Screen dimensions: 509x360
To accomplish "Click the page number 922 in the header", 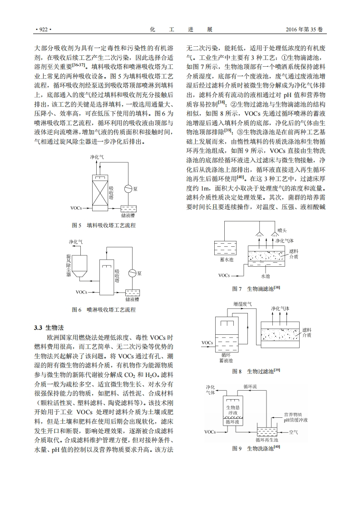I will [x=43, y=30].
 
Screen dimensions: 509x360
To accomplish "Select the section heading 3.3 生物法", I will [x=50, y=328].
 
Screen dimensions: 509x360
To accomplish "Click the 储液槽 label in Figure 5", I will [x=128, y=215].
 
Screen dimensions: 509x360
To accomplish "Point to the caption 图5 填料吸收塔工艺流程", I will [x=104, y=225].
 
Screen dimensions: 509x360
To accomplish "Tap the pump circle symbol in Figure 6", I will [x=132, y=273].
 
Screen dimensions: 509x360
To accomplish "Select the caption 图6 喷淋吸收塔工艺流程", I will [x=104, y=310].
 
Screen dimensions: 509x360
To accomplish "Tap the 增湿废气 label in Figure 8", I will [x=245, y=303].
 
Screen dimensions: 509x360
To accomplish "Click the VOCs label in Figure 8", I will [x=207, y=342].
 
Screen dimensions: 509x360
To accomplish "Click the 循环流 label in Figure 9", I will [x=250, y=386].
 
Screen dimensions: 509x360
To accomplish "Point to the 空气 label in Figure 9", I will [x=293, y=432].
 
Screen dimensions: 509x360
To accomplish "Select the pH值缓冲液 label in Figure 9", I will [x=296, y=421].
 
